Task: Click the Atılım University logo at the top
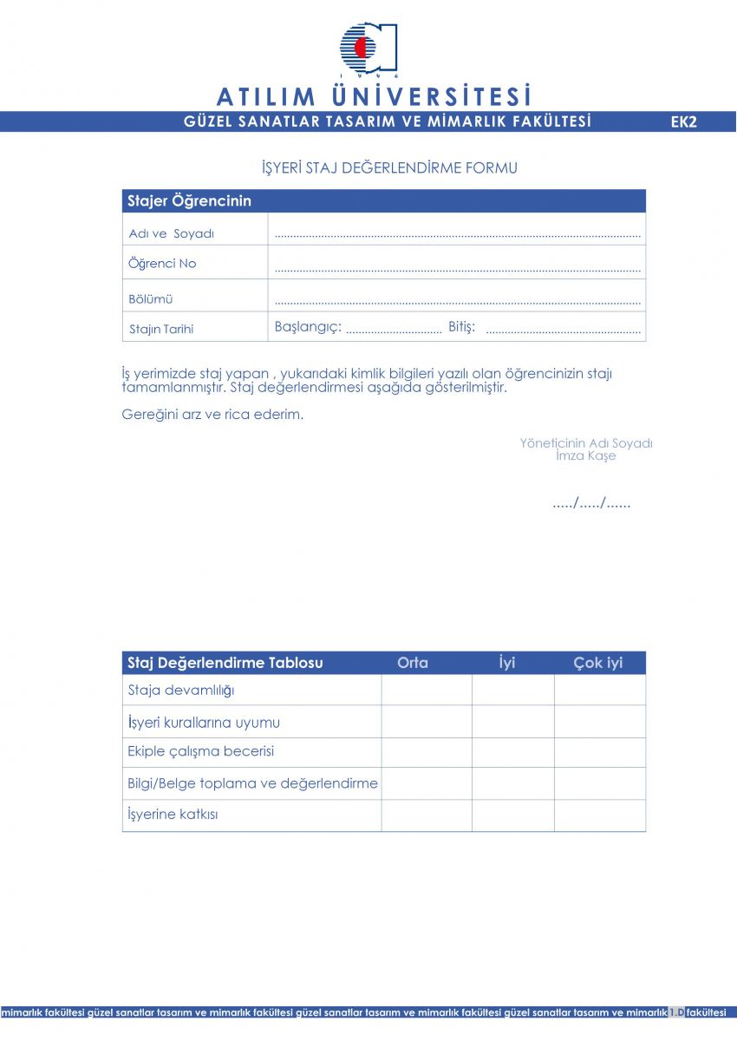point(368,48)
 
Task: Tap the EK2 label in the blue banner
point(683,122)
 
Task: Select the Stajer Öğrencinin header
point(190,201)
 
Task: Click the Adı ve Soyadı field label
point(172,233)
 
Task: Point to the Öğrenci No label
point(162,264)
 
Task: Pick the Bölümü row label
point(151,298)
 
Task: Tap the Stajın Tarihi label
point(161,329)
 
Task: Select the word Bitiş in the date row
point(461,327)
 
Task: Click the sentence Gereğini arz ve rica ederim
point(213,414)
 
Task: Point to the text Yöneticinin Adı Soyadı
point(586,443)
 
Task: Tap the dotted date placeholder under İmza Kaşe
point(591,503)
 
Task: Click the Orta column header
point(413,663)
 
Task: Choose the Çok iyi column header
point(598,663)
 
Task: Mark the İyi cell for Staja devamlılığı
point(512,691)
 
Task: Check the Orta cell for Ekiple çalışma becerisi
point(427,752)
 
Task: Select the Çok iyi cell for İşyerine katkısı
point(600,815)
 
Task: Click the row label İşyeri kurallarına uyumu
point(204,723)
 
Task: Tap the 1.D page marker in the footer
point(676,1012)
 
